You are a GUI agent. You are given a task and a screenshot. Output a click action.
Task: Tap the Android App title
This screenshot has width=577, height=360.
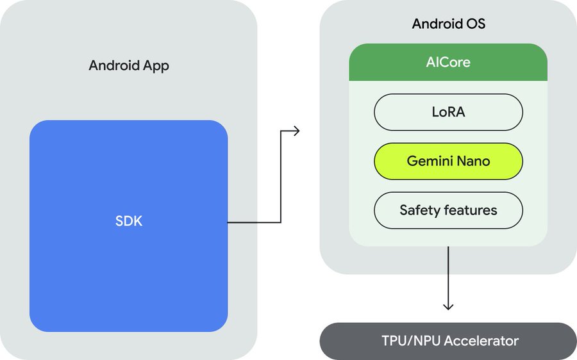pos(129,65)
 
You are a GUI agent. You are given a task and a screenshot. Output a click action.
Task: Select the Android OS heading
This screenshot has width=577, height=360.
pos(448,25)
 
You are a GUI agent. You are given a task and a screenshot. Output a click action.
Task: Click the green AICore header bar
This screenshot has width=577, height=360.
pos(448,62)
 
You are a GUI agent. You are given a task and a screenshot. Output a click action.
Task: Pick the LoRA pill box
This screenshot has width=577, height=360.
pos(448,112)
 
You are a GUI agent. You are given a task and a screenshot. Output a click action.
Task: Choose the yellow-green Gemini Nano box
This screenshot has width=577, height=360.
pos(448,161)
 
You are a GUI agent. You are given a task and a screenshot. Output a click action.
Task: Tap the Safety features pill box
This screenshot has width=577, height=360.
pos(448,210)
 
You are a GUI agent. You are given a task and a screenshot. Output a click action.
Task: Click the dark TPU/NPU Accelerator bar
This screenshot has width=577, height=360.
pos(448,341)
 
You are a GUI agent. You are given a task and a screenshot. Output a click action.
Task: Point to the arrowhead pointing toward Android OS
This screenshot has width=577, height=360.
pos(296,131)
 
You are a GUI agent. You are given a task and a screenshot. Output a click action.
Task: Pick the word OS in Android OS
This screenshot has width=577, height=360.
pos(476,25)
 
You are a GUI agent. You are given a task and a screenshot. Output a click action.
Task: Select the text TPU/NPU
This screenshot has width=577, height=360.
pos(405,341)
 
